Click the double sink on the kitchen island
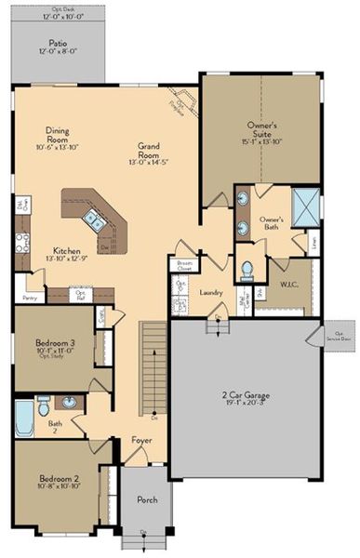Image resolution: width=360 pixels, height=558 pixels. click(94, 219)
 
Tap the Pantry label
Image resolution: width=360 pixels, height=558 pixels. click(27, 299)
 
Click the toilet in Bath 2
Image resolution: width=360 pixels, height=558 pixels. click(44, 406)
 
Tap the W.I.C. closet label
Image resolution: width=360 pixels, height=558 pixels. click(289, 282)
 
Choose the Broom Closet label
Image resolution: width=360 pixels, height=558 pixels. click(184, 265)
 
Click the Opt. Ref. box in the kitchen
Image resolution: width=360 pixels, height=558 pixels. click(80, 296)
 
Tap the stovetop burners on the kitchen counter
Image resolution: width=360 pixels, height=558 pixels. click(20, 242)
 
